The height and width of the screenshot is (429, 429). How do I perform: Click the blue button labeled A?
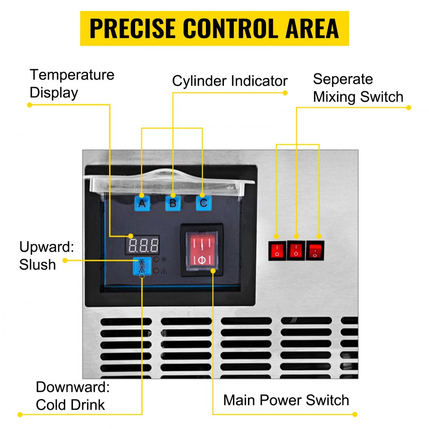pos(142,202)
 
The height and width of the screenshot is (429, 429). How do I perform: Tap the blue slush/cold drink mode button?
pos(142,266)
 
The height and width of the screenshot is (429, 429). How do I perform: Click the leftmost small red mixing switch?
pos(276,250)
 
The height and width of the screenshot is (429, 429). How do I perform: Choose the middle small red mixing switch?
pos(296,250)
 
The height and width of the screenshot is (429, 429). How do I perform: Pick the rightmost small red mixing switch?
pos(315,250)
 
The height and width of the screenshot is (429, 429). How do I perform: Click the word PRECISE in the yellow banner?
pos(131,28)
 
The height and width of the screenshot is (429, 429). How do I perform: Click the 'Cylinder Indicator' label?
pos(230,81)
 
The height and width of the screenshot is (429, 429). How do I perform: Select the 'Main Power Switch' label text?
pos(286,400)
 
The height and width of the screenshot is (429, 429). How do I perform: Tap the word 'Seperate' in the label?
pos(343,79)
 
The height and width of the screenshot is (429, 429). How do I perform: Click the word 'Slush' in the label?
pos(37,264)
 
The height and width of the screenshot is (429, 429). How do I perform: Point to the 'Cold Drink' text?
pos(70,405)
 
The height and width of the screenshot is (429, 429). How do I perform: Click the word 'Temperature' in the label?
pos(72,75)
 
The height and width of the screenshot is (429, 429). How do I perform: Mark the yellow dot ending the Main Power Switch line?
pos(355,414)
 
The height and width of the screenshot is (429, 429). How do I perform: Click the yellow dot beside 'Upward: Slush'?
pos(65,260)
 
